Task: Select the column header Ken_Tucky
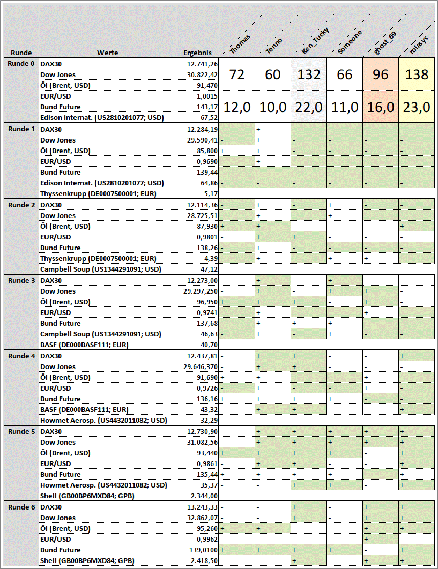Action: [x=312, y=43]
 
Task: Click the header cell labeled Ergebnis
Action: [x=197, y=53]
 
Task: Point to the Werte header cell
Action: [x=107, y=53]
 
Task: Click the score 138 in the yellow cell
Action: [x=417, y=74]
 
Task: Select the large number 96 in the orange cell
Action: [x=381, y=74]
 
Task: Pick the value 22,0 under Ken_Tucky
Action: [x=309, y=107]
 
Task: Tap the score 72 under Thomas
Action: [x=237, y=74]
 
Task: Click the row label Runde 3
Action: [x=21, y=281]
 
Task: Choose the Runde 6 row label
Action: [x=21, y=507]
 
